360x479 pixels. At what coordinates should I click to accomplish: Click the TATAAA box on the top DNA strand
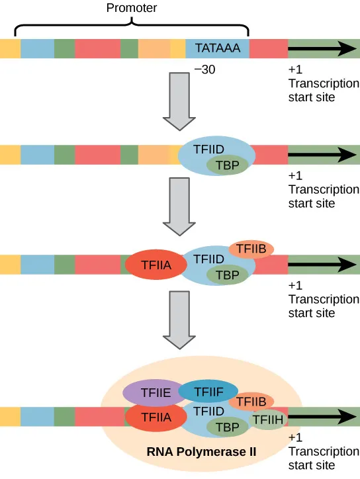[x=217, y=49]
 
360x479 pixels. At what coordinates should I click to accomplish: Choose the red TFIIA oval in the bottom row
[x=154, y=417]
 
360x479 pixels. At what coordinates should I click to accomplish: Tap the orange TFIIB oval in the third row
[x=251, y=249]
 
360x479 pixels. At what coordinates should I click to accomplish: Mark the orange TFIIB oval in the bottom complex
[x=251, y=401]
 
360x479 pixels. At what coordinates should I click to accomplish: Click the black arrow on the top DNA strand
[x=322, y=48]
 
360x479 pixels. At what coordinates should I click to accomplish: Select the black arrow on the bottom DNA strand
[x=322, y=417]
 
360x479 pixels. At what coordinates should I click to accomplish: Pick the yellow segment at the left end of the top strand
[x=10, y=49]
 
